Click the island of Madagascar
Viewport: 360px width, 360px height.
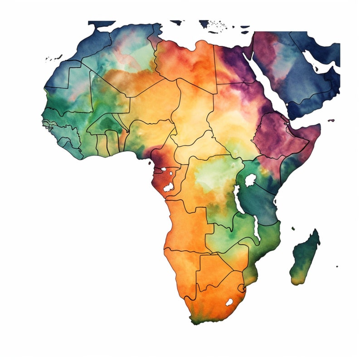(x=305, y=256)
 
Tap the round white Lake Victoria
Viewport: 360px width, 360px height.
(x=250, y=180)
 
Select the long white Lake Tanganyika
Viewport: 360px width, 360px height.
(x=237, y=199)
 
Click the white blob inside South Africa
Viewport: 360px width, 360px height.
(x=229, y=302)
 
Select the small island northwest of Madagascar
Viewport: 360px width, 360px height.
(x=293, y=228)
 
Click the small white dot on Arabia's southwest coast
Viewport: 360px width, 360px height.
(x=287, y=107)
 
